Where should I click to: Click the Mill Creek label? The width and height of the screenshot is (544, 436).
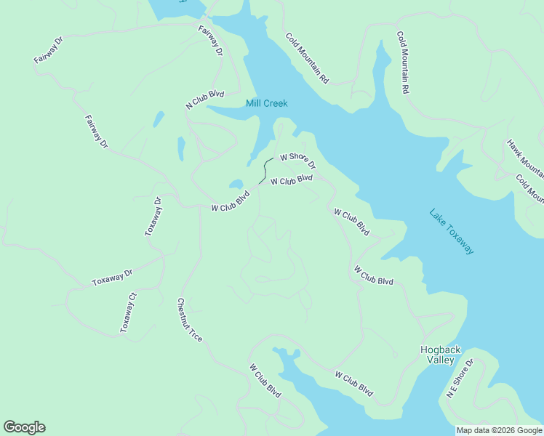point(266,103)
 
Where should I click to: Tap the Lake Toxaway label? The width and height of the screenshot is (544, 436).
point(452,232)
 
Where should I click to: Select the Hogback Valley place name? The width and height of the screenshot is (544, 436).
point(440,355)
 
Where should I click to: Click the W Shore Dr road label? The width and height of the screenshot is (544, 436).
point(297,160)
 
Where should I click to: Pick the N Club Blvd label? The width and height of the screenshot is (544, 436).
point(205,100)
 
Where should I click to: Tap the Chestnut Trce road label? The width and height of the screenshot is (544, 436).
point(189,320)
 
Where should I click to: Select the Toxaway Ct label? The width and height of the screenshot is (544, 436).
point(129,312)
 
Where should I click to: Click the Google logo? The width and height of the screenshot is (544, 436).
point(24,427)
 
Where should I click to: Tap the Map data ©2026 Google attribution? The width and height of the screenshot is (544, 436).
point(499,430)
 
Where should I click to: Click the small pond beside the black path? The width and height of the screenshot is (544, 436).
point(236,184)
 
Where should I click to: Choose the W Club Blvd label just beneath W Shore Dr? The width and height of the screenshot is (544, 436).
point(292,180)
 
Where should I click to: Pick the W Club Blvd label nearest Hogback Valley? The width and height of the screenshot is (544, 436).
point(353,384)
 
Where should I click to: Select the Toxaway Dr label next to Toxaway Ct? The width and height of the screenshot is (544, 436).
point(112,277)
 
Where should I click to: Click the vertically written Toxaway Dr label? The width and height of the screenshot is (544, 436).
point(153,217)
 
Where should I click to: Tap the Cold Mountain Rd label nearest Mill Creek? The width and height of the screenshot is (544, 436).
point(308,58)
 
